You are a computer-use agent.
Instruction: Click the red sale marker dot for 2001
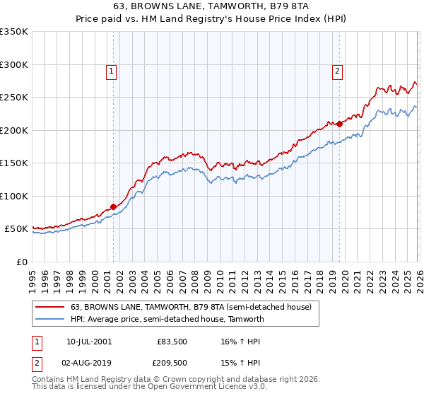(x=113, y=207)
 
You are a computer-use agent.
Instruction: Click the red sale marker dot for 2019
(x=339, y=124)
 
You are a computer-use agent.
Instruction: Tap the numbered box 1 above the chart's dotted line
(x=112, y=70)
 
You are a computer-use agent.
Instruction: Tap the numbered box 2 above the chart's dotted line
(x=338, y=70)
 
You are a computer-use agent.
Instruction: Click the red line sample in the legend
(x=51, y=307)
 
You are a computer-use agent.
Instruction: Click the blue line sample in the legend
(x=51, y=319)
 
